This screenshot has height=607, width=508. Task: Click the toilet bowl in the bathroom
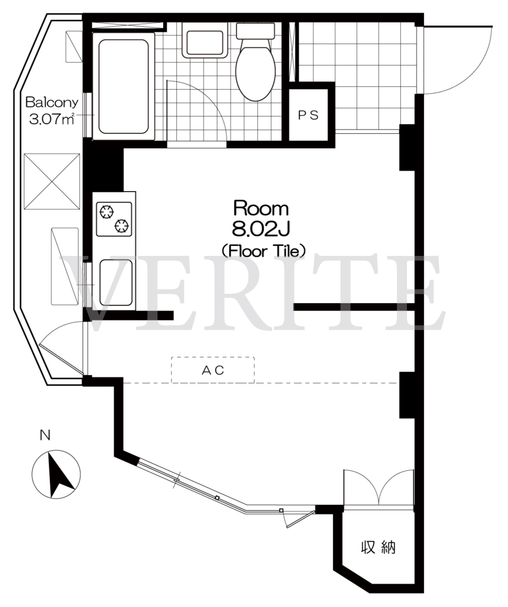tap(255, 70)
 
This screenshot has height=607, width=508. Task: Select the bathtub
tap(123, 87)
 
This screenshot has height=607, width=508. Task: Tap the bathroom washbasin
tap(204, 40)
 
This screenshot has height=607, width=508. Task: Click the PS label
tap(308, 115)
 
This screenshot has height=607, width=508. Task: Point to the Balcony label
tap(52, 102)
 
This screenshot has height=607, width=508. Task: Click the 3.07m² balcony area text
tap(52, 119)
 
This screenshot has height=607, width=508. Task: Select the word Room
tap(261, 208)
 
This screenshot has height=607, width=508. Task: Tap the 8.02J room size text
tap(261, 230)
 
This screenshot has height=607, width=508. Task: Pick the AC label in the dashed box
tap(213, 370)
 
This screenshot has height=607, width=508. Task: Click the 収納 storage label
tap(378, 547)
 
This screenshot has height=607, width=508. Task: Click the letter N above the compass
tap(45, 435)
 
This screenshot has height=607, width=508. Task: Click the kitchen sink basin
tap(116, 282)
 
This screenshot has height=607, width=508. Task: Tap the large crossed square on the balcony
tap(52, 181)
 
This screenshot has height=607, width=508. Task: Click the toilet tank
tap(255, 31)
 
